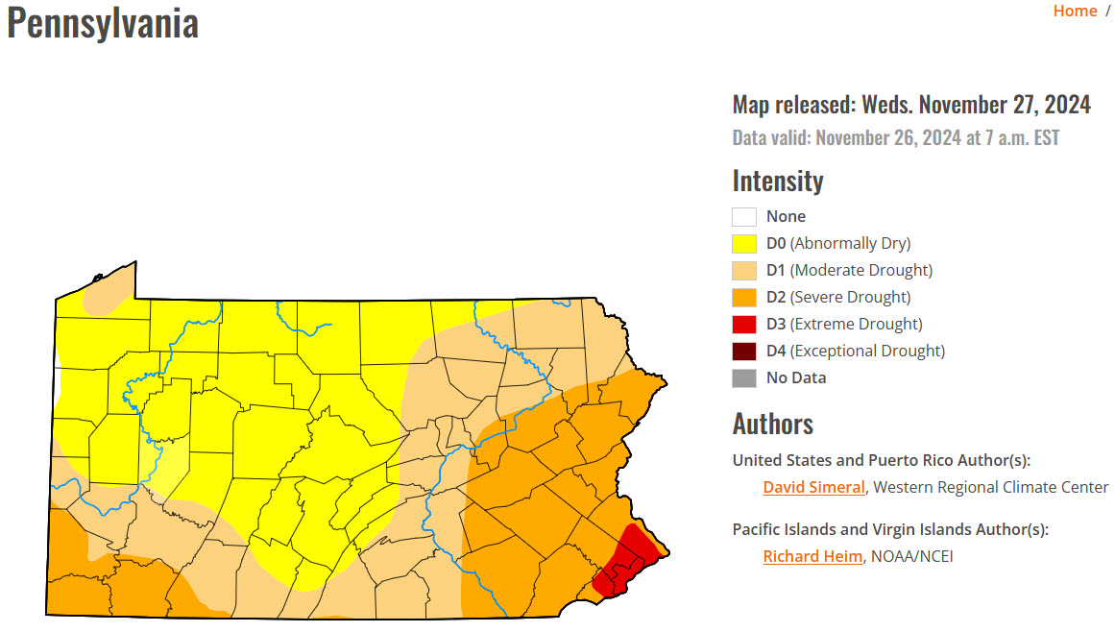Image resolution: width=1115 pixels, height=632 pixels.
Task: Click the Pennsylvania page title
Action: (103, 23)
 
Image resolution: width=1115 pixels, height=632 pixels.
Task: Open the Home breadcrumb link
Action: (1075, 11)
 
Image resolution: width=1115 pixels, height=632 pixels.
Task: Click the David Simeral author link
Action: (813, 487)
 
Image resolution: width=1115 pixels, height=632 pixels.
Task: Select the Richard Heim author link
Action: (812, 556)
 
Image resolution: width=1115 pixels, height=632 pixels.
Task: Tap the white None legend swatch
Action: (744, 216)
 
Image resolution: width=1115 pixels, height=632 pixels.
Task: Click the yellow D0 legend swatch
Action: (744, 243)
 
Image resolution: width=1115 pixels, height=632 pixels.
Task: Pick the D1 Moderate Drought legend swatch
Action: (744, 270)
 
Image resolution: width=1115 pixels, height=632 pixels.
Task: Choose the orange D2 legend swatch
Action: (744, 297)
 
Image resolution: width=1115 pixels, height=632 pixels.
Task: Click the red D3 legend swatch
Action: (744, 324)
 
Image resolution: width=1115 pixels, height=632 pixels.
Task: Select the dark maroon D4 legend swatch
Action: (744, 351)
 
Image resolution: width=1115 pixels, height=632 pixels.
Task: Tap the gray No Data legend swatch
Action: (744, 377)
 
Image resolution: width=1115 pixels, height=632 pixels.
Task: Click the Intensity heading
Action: (778, 181)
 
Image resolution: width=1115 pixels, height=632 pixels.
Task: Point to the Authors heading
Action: (773, 424)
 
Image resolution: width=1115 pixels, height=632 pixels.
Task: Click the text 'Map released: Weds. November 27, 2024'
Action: (911, 104)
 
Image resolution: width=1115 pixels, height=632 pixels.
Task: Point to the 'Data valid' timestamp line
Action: (896, 137)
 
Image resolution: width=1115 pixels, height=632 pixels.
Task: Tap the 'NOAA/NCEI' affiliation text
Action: (912, 556)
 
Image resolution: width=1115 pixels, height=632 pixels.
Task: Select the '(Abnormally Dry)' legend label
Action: (850, 243)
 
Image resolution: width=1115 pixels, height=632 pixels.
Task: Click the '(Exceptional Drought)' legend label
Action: (867, 351)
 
